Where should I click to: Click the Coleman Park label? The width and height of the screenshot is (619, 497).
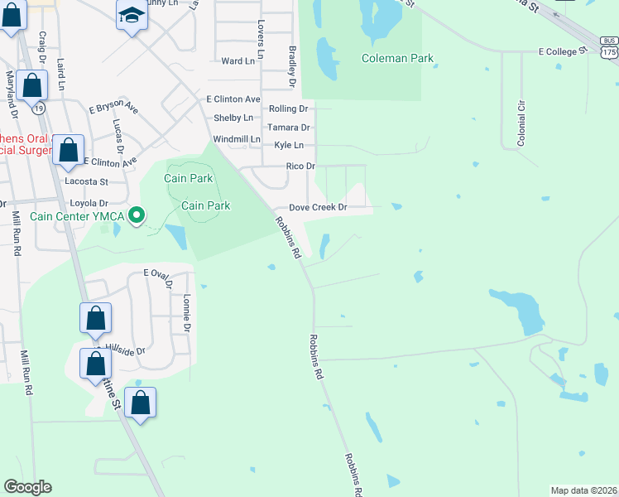tap(397, 59)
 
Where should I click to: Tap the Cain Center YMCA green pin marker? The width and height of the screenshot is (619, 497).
tap(138, 216)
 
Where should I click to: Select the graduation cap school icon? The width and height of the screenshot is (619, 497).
tap(131, 16)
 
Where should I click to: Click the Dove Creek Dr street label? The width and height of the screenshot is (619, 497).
tap(317, 208)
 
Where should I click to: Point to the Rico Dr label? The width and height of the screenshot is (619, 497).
tap(300, 166)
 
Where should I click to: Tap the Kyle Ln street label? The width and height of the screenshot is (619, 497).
tap(288, 146)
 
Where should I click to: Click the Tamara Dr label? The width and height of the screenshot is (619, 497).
tap(294, 128)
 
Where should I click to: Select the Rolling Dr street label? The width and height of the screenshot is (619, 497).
tap(288, 109)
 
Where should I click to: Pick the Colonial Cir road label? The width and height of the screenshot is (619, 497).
tap(521, 124)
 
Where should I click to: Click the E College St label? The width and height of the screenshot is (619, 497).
tap(562, 51)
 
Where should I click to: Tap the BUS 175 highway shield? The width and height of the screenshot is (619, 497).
tap(609, 47)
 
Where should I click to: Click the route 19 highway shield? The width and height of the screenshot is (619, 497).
tap(38, 109)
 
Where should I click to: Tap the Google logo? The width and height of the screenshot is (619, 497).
tap(27, 487)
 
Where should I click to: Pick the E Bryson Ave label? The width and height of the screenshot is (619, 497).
tap(113, 109)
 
